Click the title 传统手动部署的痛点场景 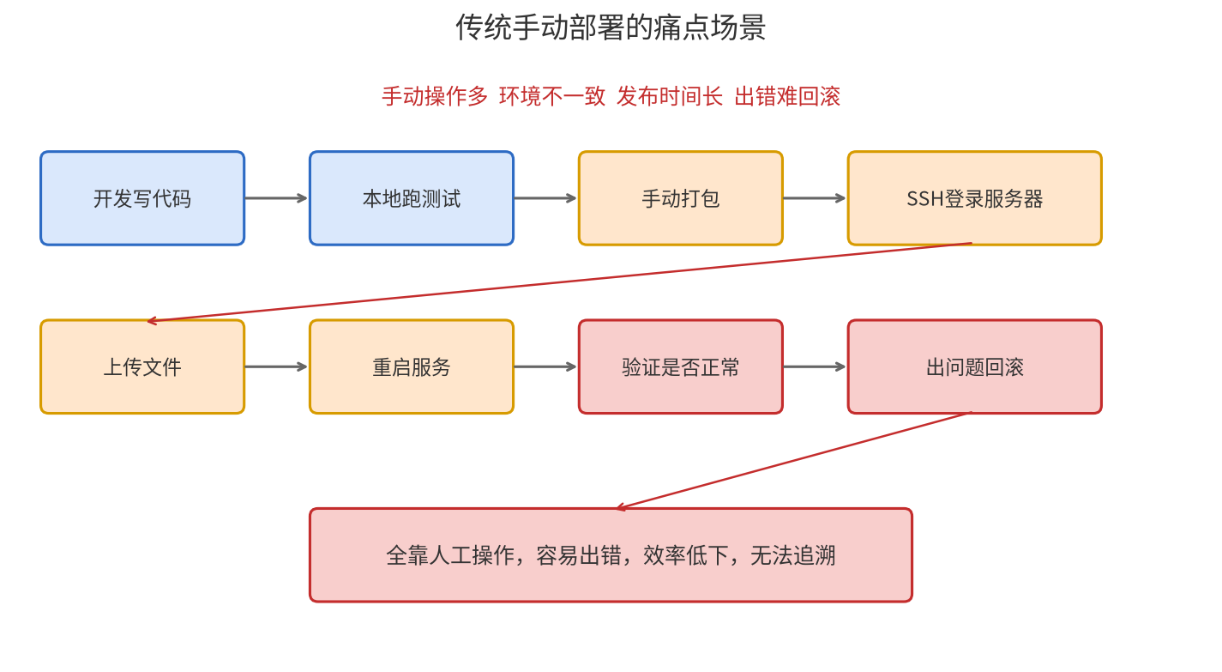pos(611,27)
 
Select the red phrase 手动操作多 pos(434,97)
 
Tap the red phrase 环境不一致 pos(552,97)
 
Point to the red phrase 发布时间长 pos(670,97)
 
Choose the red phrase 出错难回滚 pos(787,97)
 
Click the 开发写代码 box pos(142,198)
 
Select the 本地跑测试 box pos(412,198)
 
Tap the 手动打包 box pos(681,198)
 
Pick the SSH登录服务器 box pos(975,198)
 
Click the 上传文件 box pos(142,366)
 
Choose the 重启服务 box pos(412,366)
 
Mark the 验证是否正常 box pos(681,366)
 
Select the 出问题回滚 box pos(975,366)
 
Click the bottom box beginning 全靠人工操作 pos(611,555)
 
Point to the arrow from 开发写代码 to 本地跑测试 pos(276,198)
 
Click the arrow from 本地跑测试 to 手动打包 pos(545,198)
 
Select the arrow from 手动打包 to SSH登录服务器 pos(815,198)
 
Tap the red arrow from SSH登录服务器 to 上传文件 pos(560,282)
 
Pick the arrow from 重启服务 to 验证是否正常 pos(545,366)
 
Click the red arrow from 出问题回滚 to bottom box pos(794,461)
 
